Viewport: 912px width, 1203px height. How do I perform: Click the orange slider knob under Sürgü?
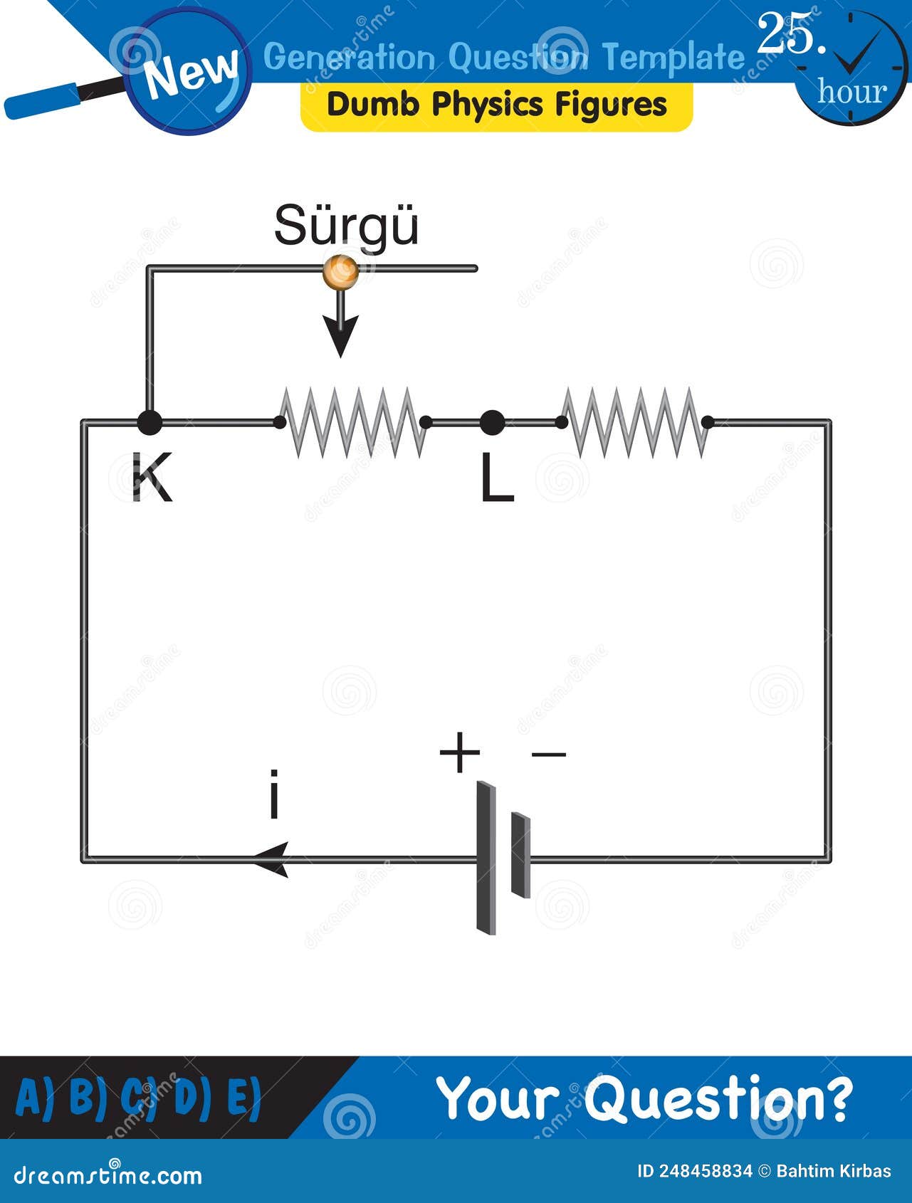(x=340, y=272)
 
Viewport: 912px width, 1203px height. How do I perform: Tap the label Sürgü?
(x=346, y=226)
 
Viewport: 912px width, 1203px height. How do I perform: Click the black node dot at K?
(x=149, y=423)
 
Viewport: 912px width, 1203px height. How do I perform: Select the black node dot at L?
(x=492, y=423)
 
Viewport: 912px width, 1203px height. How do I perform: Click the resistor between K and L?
(x=353, y=423)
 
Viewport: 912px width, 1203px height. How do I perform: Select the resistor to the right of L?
(x=634, y=423)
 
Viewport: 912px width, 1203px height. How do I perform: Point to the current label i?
(x=273, y=794)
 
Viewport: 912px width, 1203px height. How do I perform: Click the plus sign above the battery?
(x=459, y=753)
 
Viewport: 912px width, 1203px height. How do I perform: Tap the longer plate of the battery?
(x=486, y=858)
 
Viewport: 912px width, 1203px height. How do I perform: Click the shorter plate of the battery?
(x=521, y=854)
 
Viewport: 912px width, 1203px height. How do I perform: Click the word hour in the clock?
(x=851, y=92)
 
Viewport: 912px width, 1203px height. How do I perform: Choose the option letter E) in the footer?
(x=244, y=1097)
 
